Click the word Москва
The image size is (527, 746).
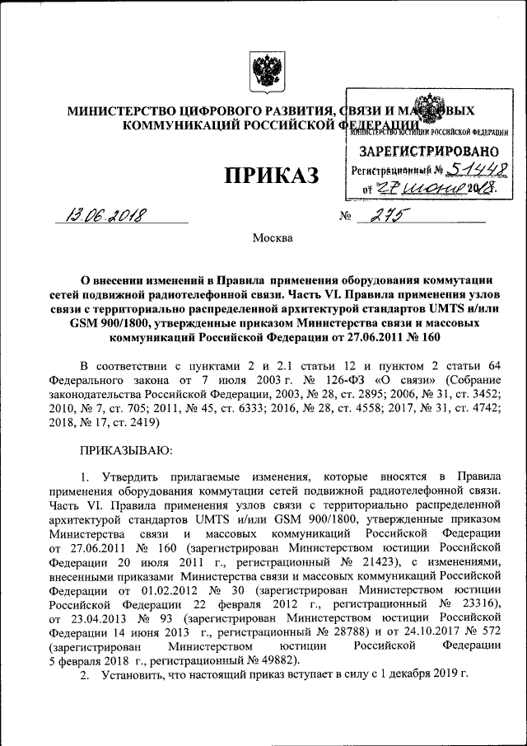pos(272,239)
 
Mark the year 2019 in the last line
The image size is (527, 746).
pos(442,675)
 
